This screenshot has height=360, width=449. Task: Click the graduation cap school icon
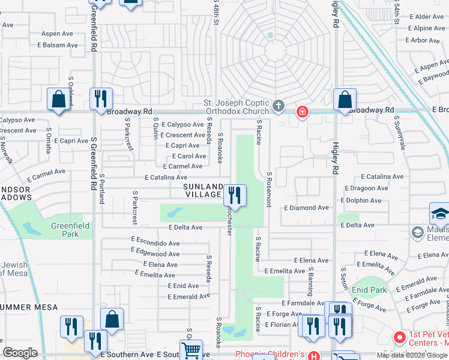[x=439, y=213]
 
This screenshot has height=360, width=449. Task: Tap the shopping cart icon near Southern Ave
[x=191, y=350]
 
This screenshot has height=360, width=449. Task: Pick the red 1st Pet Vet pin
[x=397, y=337]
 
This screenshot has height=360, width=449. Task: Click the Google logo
[x=20, y=353]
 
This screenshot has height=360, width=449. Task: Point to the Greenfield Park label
[x=70, y=230]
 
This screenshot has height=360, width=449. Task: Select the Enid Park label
[x=369, y=290]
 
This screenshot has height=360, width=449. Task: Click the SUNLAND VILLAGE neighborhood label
[x=203, y=190]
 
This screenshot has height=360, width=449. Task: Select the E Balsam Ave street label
[x=58, y=45]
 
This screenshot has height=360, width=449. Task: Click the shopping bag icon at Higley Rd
[x=345, y=100]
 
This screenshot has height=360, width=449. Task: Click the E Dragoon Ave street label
[x=365, y=188]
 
